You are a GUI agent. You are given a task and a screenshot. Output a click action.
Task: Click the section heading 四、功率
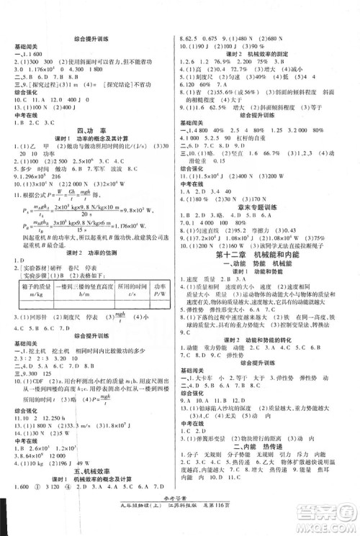click(x=91, y=130)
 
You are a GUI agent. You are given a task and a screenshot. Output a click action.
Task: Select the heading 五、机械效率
click(x=91, y=490)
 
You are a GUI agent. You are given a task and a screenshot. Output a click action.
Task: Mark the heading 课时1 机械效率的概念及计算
click(x=91, y=499)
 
